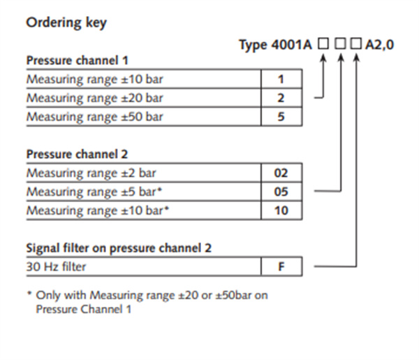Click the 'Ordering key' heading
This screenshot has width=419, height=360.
point(66,23)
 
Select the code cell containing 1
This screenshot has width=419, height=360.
point(281,79)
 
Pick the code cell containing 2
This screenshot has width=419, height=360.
point(281,98)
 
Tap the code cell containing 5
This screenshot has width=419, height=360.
point(281,116)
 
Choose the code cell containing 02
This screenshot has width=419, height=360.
point(281,173)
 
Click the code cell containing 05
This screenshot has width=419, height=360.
point(281,192)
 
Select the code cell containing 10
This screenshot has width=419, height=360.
point(281,210)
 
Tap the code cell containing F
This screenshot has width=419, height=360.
point(281,266)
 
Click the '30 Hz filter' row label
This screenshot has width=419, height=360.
point(56,266)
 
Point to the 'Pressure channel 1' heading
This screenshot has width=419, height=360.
point(78,60)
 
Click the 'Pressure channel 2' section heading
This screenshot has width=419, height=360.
point(78,154)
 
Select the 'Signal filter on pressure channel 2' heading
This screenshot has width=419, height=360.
point(119,248)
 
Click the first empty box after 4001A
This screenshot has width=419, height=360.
point(323,43)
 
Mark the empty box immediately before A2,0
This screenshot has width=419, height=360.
point(356,43)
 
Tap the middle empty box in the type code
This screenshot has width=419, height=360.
point(341,43)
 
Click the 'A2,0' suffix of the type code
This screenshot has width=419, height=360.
point(379,45)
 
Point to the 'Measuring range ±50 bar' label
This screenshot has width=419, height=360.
point(94,117)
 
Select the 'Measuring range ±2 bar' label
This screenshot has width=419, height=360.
point(91,173)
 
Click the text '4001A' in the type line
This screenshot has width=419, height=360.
point(291,45)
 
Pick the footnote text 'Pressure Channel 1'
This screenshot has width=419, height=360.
point(84,310)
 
